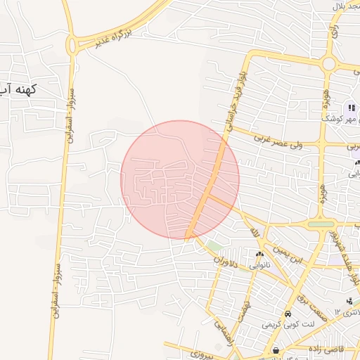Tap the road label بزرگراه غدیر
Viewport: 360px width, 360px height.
pos(122,33)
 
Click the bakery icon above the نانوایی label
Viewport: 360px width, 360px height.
pos(259,255)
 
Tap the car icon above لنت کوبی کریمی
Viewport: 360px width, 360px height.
pos(288,314)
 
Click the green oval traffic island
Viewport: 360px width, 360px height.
pos(321,225)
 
